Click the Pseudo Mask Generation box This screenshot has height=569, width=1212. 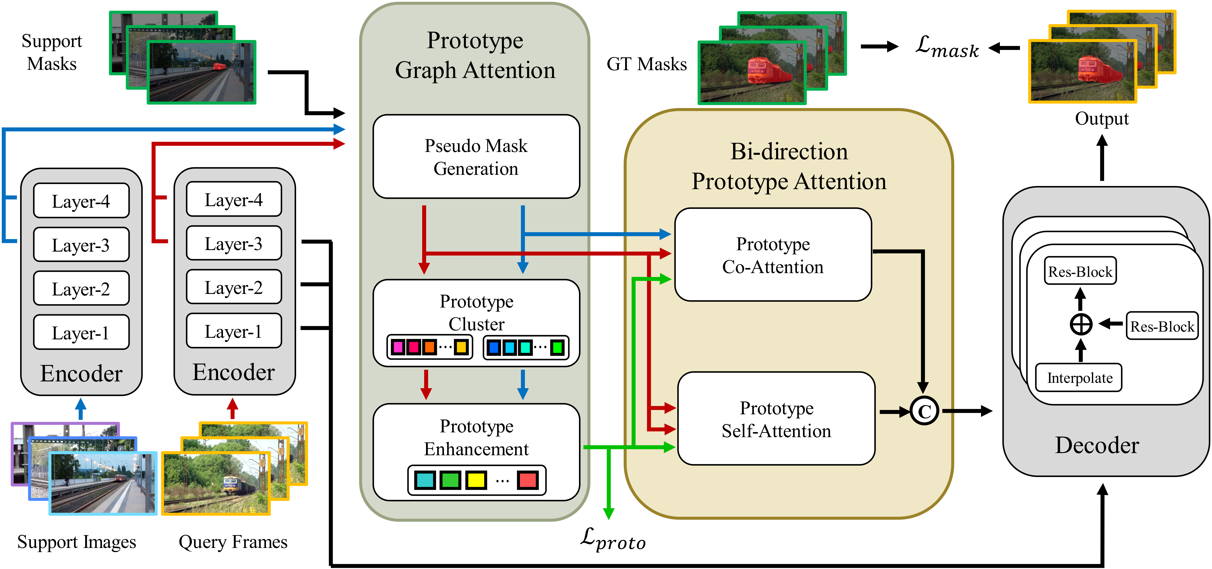pos(476,156)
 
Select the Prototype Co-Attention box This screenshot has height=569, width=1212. pos(773,255)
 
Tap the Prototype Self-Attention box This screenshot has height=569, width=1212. pos(776,418)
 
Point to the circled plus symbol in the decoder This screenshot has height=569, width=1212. pos(1081,324)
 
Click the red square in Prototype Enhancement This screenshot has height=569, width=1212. pos(527,480)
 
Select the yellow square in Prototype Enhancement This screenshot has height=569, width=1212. pos(476,480)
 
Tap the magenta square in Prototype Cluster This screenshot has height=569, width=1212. pos(398,347)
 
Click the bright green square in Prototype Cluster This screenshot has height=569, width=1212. pos(557,347)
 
